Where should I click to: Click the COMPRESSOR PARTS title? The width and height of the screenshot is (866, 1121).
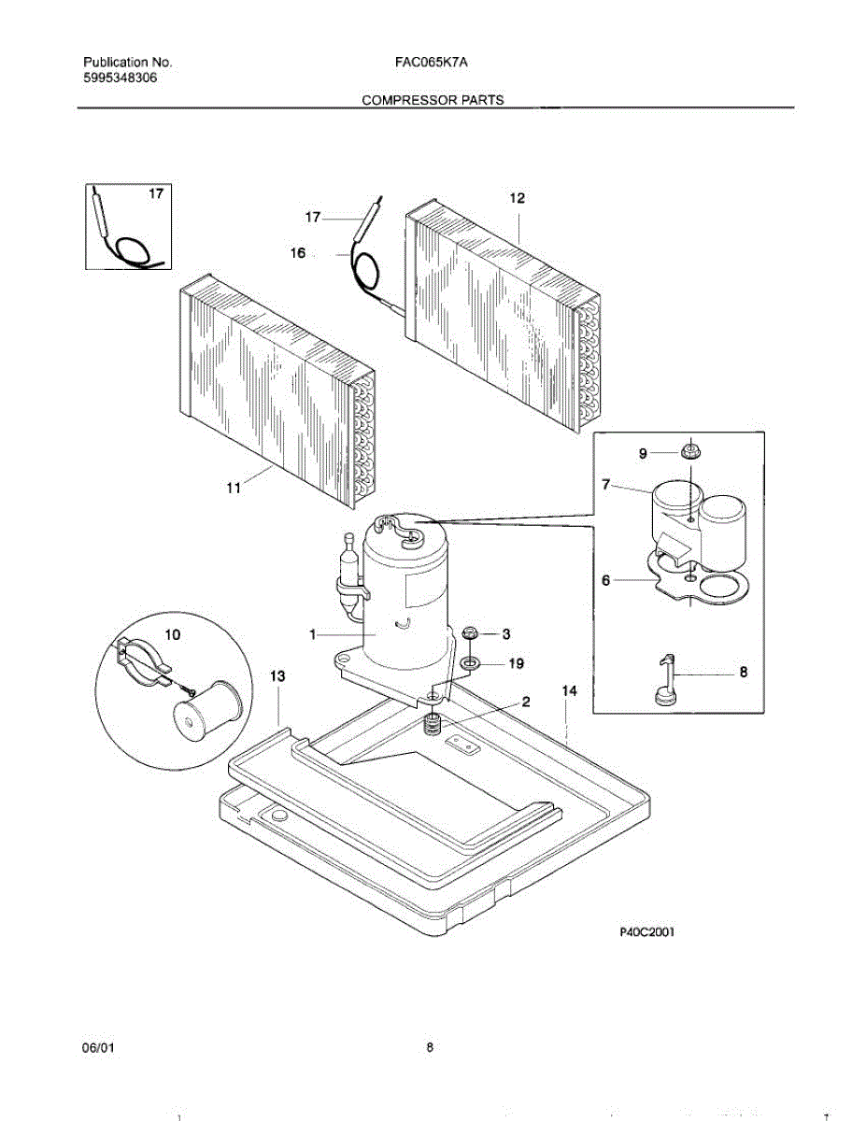point(433,100)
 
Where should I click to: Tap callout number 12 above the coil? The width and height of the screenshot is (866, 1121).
point(517,198)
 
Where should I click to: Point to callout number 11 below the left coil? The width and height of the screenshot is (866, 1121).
point(234,487)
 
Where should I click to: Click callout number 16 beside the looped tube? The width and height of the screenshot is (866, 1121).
point(297,252)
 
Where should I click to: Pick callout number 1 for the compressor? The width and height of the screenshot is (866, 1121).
point(314,634)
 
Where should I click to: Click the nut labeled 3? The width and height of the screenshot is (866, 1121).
point(471,634)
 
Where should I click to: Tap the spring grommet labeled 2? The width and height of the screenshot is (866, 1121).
point(433,722)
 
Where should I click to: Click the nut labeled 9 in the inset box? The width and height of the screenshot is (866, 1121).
point(690,453)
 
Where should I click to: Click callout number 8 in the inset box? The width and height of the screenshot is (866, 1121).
point(744,671)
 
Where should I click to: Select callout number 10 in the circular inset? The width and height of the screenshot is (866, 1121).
point(173,634)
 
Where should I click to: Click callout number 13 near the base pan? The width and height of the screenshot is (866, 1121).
point(277,675)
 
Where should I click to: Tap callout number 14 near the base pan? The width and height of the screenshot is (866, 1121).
point(569,690)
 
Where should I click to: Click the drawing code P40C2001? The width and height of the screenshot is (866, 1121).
point(646,931)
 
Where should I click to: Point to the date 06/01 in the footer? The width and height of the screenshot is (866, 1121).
point(98,1048)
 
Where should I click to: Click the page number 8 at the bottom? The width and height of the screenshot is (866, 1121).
point(430,1048)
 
